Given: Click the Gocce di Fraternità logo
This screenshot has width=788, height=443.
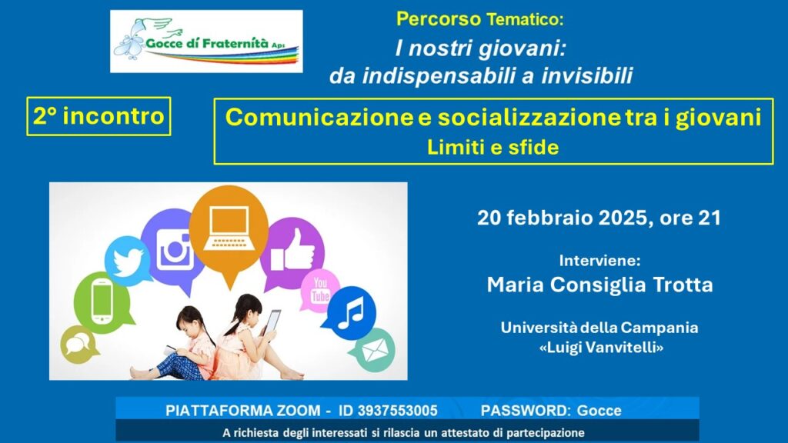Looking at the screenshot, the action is pyautogui.click(x=206, y=42).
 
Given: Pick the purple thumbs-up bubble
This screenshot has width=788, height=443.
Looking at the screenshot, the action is pyautogui.click(x=292, y=252).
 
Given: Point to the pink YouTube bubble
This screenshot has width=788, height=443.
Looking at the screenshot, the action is pyautogui.click(x=319, y=290).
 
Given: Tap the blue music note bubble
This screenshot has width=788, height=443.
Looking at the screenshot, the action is pyautogui.click(x=350, y=312).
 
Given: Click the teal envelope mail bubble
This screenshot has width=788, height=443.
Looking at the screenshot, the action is pyautogui.click(x=374, y=350).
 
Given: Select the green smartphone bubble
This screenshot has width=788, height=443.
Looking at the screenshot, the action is pyautogui.click(x=102, y=302).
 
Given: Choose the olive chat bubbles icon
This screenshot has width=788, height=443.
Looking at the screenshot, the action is pyautogui.click(x=78, y=345).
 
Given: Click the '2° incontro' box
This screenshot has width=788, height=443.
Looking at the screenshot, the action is pyautogui.click(x=98, y=116).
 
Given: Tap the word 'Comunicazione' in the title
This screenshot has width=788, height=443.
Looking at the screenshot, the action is pyautogui.click(x=319, y=118).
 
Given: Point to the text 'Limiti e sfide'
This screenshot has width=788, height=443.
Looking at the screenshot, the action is pyautogui.click(x=493, y=147).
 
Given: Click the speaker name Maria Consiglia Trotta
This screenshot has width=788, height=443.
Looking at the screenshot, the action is pyautogui.click(x=599, y=285).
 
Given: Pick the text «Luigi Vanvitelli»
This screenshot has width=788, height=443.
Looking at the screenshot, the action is pyautogui.click(x=601, y=347).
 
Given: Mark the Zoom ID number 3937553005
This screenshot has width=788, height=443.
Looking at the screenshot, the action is pyautogui.click(x=398, y=411).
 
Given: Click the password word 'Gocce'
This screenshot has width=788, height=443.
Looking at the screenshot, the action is pyautogui.click(x=599, y=411).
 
